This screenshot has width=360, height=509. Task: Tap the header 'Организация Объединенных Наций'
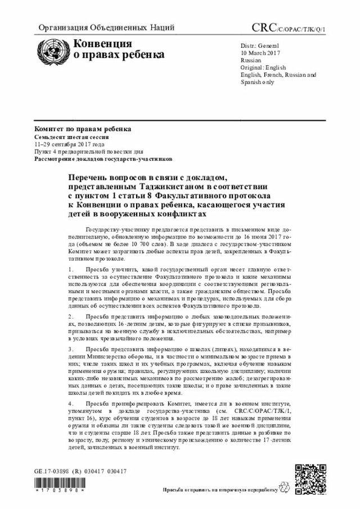(x=106, y=28)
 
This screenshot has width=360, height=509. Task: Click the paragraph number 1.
(x=69, y=270)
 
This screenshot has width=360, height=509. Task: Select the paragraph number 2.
(x=69, y=317)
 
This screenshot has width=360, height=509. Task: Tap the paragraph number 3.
(x=69, y=349)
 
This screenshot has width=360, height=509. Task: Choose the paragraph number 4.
(x=69, y=404)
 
